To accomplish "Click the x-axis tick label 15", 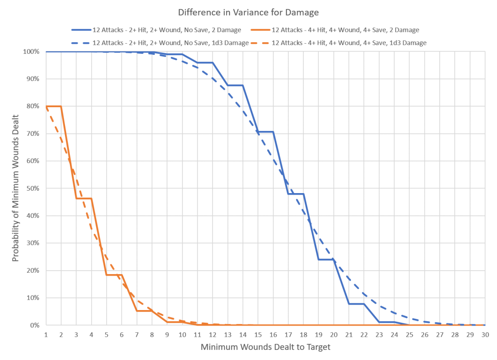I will (x=258, y=335).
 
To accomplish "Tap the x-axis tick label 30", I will (x=485, y=335).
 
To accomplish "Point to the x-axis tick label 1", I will (x=46, y=335).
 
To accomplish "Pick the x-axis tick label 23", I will (x=379, y=335).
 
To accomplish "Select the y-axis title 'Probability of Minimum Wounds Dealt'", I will (x=16, y=188).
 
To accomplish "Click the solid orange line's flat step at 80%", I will (x=53, y=106).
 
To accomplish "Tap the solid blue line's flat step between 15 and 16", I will (x=265, y=131).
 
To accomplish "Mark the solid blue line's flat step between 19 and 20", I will (x=326, y=259).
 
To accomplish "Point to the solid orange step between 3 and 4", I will (x=83, y=198).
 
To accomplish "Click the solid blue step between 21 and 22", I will (x=356, y=304).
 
